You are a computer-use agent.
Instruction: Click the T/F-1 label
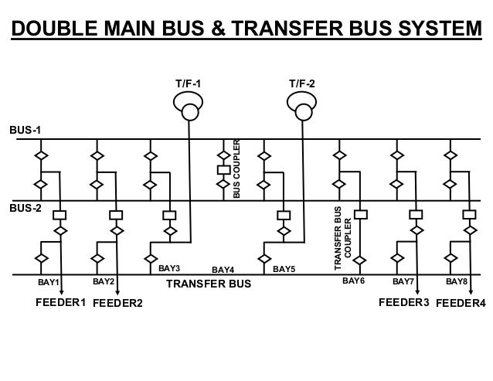[189, 83]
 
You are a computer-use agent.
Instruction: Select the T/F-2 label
[301, 83]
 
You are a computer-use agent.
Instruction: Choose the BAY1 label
[49, 283]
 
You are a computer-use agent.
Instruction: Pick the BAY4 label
[223, 270]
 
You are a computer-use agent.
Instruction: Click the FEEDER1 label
[60, 302]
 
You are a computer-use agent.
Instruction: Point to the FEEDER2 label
[117, 304]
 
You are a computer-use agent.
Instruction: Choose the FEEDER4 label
[461, 304]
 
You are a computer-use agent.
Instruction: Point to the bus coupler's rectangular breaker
[223, 168]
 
